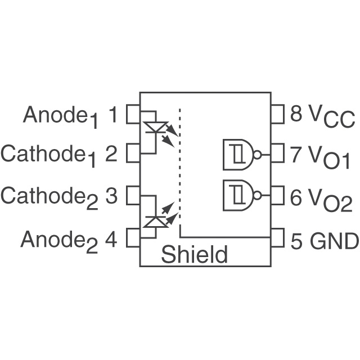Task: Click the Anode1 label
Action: [x=60, y=116]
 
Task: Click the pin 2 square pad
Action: [x=132, y=152]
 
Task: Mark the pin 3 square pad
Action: [x=132, y=196]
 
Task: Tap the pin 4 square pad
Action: [x=132, y=238]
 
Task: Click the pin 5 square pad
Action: [x=278, y=238]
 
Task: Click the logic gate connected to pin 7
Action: [x=240, y=154]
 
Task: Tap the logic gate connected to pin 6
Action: [x=240, y=195]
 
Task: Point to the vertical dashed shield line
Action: [x=179, y=169]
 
